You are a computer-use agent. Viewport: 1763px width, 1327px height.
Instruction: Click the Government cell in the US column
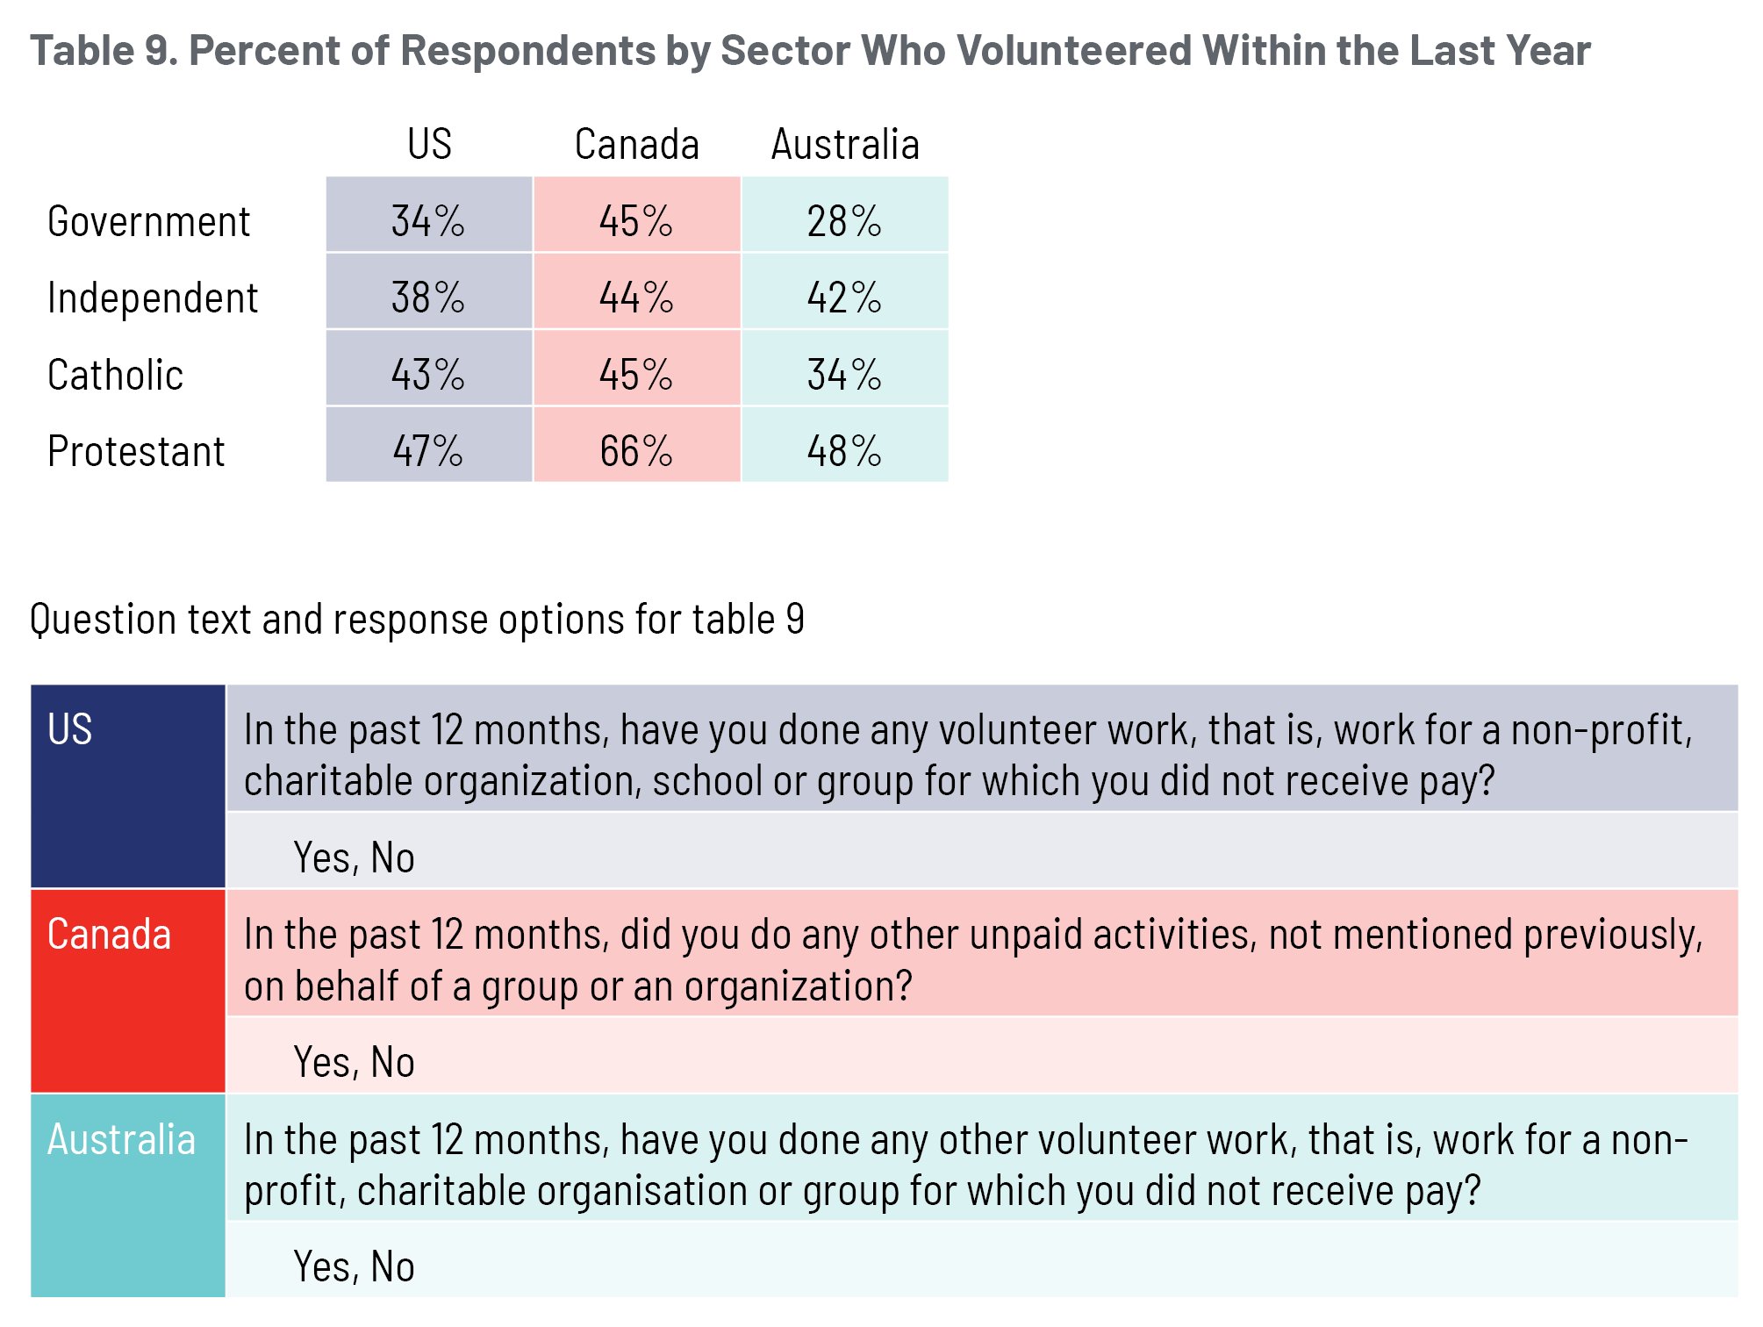428,221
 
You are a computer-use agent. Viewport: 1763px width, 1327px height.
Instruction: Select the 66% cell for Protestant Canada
636,451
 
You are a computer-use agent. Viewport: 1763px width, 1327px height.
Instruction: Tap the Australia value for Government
844,221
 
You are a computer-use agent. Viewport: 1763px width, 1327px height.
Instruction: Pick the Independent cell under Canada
636,298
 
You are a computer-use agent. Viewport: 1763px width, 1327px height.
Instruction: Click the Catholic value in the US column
428,375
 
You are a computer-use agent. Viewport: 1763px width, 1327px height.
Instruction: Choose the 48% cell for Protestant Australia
844,451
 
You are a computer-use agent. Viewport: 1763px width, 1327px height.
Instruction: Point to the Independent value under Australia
844,298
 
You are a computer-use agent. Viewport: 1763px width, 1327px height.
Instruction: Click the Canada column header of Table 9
636,145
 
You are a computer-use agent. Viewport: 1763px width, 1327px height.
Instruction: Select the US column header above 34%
429,145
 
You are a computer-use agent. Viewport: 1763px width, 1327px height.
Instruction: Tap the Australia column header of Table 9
845,145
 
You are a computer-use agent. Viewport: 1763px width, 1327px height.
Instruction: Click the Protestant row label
136,452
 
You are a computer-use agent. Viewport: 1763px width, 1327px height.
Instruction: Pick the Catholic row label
115,376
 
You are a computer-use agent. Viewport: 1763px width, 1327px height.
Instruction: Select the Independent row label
153,298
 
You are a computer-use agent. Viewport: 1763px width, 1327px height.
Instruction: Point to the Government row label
148,221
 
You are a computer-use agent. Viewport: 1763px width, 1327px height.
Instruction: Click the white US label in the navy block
70,729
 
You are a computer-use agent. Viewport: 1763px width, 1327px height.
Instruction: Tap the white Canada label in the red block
109,934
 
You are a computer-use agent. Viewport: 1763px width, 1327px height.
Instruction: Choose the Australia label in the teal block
121,1139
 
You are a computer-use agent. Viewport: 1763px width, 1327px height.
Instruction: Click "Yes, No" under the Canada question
354,1062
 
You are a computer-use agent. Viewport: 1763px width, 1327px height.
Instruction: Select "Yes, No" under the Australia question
354,1266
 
